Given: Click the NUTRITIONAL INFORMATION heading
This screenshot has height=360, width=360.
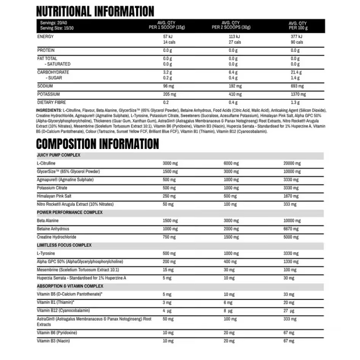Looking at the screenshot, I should point(95,11).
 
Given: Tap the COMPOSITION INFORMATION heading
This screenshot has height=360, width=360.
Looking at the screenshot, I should point(98,144).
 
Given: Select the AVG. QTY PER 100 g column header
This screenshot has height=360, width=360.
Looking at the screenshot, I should point(298,26).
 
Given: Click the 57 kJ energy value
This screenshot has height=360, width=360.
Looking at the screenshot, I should point(168,37).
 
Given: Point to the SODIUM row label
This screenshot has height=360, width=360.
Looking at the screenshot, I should point(45,86).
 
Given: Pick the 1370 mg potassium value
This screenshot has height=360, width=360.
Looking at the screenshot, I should point(298,94).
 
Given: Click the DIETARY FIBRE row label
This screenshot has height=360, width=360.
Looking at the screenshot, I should point(51,102).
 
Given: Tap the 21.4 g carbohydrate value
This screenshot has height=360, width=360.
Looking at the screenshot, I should point(296,72).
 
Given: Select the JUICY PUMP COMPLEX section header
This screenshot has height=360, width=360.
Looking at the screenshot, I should point(58,155).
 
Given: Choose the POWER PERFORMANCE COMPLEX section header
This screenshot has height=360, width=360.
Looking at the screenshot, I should point(70,212).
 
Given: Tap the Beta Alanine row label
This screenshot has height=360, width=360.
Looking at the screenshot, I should point(48,221).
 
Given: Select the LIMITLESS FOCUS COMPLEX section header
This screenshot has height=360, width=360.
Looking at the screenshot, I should point(64,245).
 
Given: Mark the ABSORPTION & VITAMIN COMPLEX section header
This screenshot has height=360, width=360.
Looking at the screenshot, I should point(70,286).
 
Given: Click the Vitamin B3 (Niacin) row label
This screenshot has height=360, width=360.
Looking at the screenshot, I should point(53,341).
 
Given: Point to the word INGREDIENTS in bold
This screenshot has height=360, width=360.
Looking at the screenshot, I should point(48,110).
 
